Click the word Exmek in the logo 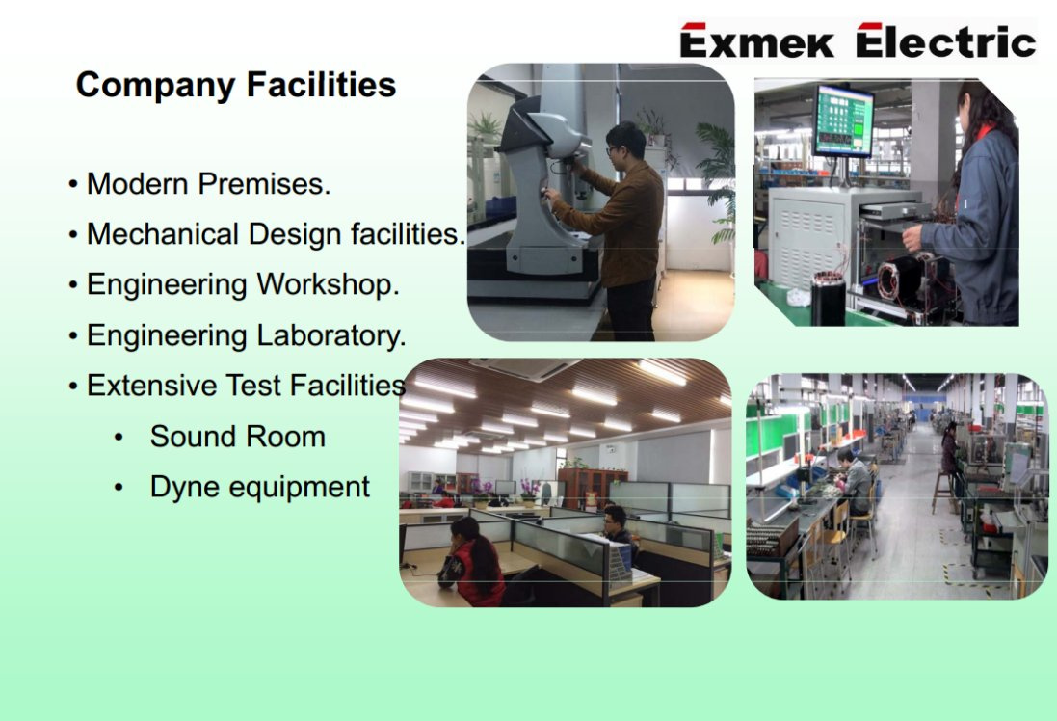[757, 40]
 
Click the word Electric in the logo [946, 40]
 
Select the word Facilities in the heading [321, 85]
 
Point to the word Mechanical [163, 234]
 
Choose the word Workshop [329, 284]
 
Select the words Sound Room [238, 437]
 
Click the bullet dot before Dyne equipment [119, 488]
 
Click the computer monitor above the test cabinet [843, 121]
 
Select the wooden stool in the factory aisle [942, 493]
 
